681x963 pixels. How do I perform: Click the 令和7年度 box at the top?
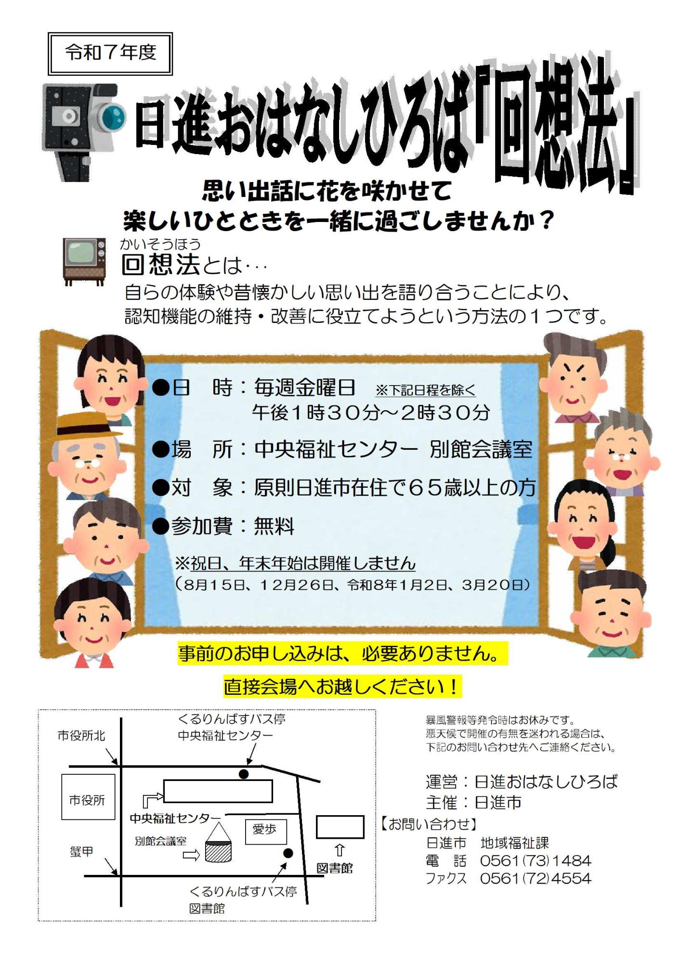[110, 53]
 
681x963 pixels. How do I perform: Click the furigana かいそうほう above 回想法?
[160, 244]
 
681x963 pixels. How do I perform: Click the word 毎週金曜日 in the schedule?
[305, 388]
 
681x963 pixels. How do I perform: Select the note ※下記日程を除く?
[425, 390]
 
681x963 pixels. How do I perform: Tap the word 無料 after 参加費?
[274, 526]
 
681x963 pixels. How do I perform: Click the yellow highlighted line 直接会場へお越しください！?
[342, 686]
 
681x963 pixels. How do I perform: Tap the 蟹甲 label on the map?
[81, 851]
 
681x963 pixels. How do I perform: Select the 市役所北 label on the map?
[81, 735]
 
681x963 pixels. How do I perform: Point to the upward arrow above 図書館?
[340, 849]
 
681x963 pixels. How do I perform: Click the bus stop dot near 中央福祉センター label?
[244, 774]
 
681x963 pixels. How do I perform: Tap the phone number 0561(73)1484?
[535, 860]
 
